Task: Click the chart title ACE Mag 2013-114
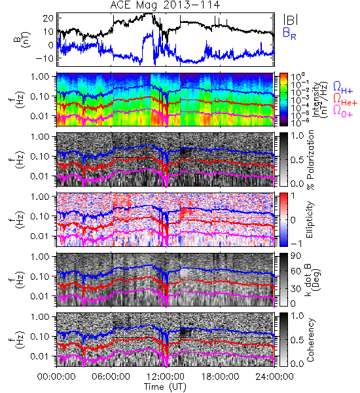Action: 165,5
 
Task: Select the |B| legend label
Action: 291,20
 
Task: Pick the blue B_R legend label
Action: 289,33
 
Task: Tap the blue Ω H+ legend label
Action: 343,88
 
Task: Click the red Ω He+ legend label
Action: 345,100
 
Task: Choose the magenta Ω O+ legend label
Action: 343,111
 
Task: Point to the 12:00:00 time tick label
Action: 166,377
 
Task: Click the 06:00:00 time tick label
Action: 111,377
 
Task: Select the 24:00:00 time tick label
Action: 274,377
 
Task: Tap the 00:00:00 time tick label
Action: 56,377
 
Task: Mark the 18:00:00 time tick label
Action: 220,377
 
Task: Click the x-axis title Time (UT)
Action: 165,386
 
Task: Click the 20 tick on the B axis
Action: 48,18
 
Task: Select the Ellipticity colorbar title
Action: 310,220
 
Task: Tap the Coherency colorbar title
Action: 310,340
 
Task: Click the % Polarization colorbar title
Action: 310,160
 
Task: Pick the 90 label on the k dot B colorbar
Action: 296,256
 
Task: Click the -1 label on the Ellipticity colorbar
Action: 296,244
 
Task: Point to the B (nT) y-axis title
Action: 22,39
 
